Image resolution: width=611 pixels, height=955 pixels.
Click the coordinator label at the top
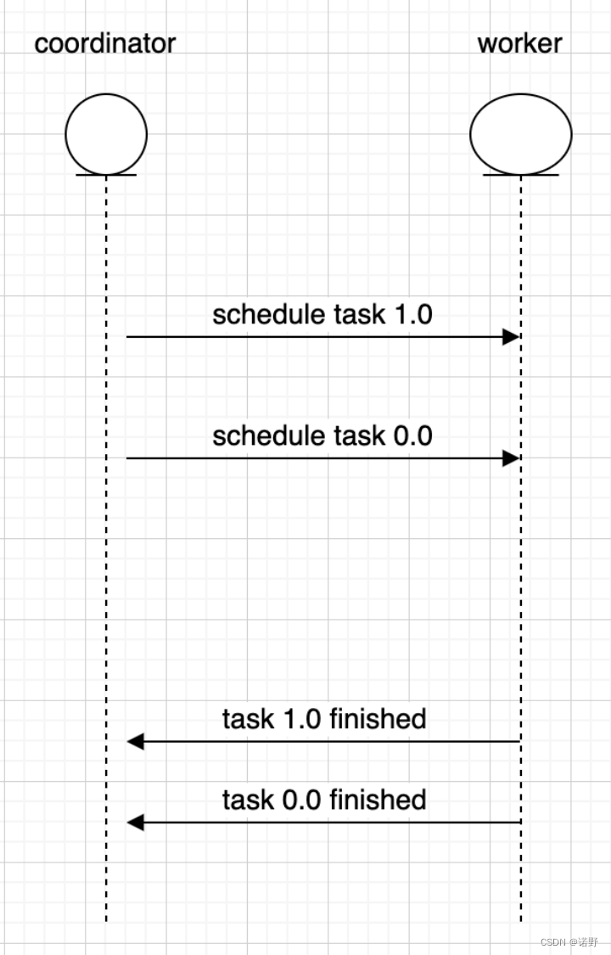[x=104, y=42]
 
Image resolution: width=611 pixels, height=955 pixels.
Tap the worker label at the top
[x=519, y=42]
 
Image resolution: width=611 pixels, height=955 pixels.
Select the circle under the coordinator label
[x=106, y=133]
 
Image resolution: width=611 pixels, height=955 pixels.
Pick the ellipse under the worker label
[x=520, y=133]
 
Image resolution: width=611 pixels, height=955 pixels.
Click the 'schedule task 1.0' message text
[x=322, y=314]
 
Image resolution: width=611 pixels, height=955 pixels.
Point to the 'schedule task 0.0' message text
[x=322, y=435]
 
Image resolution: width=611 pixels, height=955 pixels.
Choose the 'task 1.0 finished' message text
[x=324, y=719]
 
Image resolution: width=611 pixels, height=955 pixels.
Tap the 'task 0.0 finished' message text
[x=324, y=800]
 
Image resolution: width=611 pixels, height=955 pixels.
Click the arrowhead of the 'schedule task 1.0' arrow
[x=511, y=337]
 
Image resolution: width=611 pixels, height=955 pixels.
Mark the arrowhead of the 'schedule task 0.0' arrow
[x=511, y=458]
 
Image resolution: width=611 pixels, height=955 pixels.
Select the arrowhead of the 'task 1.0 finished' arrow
[x=136, y=742]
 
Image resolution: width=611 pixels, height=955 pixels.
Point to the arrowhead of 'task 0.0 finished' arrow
[x=136, y=823]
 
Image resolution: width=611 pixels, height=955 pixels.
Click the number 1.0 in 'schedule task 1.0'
[x=413, y=314]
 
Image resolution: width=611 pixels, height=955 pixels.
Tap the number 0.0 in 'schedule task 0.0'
[x=413, y=435]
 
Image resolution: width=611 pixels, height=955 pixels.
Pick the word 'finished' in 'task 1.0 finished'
[x=378, y=719]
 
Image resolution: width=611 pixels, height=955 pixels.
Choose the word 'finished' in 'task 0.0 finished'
[x=378, y=800]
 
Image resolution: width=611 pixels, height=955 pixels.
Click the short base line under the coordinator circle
[x=106, y=175]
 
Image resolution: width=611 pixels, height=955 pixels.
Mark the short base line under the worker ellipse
[x=520, y=175]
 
